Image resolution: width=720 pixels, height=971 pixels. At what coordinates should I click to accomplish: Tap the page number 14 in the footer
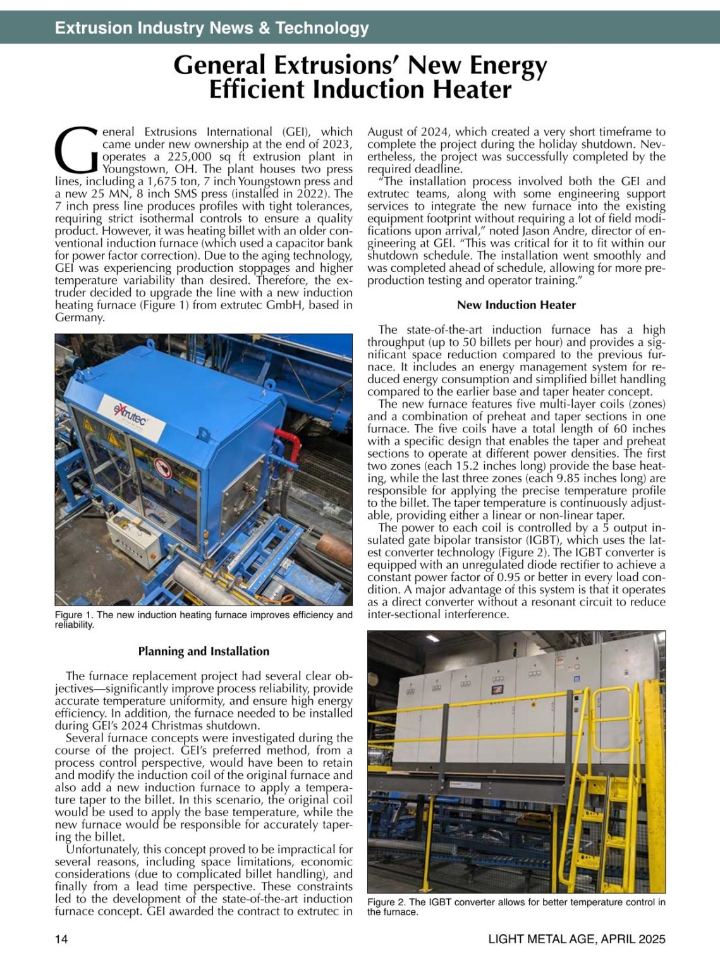click(x=61, y=939)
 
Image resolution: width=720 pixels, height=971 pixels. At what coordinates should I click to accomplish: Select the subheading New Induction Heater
click(x=516, y=305)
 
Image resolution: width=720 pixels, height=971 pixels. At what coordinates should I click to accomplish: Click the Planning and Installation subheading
click(x=204, y=651)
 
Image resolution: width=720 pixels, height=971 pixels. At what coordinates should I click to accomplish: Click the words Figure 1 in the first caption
click(x=68, y=615)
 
